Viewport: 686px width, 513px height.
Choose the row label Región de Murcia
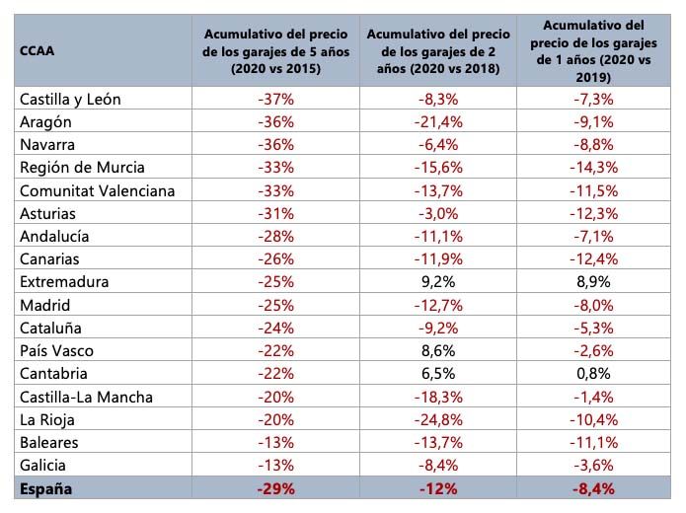82,167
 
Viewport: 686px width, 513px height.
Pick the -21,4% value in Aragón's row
443,121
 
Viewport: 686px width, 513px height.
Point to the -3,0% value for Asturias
443,213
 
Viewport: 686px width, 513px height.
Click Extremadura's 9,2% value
443,282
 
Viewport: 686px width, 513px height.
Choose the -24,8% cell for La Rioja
443,420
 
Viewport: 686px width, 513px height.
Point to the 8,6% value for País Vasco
443,351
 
